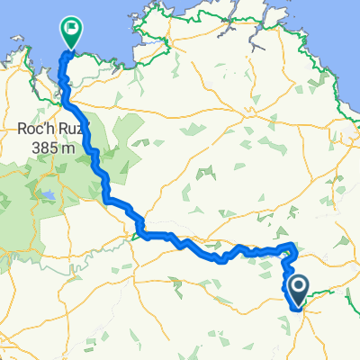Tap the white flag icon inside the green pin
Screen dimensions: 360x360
point(70,28)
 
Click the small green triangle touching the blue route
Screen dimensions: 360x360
point(137,237)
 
